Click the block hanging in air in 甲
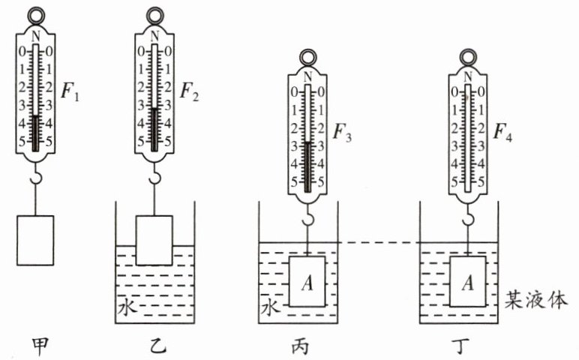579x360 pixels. coord(34,239)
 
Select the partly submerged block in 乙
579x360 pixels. coord(154,239)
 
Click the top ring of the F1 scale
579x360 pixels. coord(34,13)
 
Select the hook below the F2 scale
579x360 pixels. coord(154,177)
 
